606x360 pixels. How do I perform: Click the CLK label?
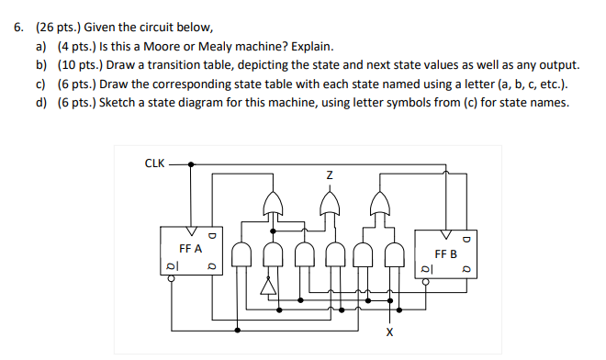155,164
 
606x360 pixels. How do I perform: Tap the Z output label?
329,174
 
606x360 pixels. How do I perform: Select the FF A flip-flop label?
191,248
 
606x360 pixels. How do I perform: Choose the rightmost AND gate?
396,254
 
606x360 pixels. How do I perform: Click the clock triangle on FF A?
191,231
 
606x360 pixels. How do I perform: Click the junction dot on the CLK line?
191,165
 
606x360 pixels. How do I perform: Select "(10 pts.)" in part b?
81,65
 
